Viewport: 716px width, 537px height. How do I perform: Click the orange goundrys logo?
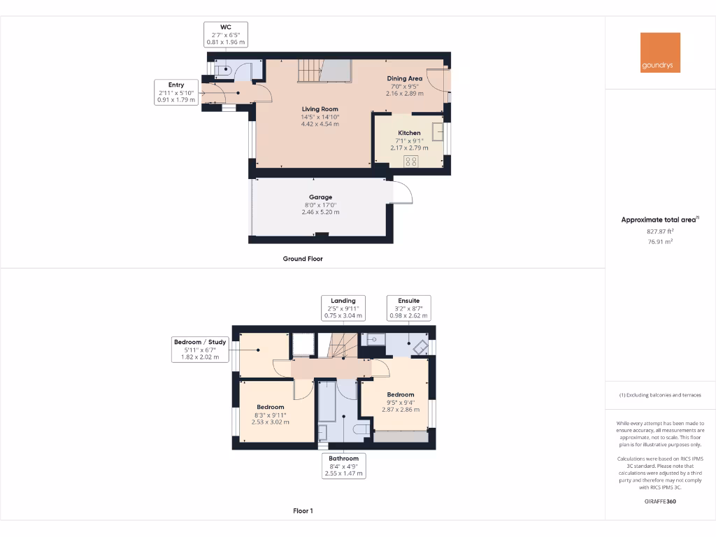(660, 52)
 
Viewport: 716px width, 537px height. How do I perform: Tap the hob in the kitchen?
(410, 161)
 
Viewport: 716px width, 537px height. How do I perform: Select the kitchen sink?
(438, 131)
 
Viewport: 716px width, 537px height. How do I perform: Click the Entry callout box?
(176, 92)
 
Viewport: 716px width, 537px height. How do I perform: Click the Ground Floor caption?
(303, 259)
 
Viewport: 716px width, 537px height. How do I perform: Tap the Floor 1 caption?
(303, 511)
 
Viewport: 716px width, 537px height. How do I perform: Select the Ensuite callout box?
(409, 308)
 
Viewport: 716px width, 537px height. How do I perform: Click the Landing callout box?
(343, 308)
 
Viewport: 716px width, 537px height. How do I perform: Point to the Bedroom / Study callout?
(201, 349)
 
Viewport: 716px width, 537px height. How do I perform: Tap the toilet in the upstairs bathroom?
(361, 428)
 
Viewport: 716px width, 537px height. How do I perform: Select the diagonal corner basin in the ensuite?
(420, 345)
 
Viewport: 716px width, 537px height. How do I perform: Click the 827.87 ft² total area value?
(659, 231)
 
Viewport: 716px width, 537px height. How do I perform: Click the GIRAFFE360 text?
(659, 501)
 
